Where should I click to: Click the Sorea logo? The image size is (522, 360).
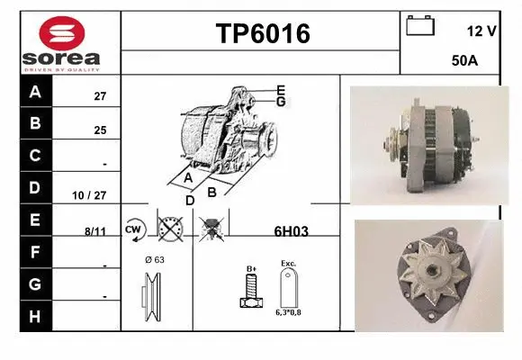59,42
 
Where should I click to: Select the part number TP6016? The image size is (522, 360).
262,34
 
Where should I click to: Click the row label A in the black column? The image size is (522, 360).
35,92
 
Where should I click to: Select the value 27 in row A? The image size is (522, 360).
100,95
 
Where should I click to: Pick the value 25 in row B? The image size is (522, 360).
100,130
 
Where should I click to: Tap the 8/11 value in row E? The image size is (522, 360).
95,231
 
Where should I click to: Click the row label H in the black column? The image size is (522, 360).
35,316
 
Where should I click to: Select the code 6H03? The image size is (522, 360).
291,231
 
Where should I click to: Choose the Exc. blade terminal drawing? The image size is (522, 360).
288,287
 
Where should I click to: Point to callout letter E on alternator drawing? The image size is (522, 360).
281,90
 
